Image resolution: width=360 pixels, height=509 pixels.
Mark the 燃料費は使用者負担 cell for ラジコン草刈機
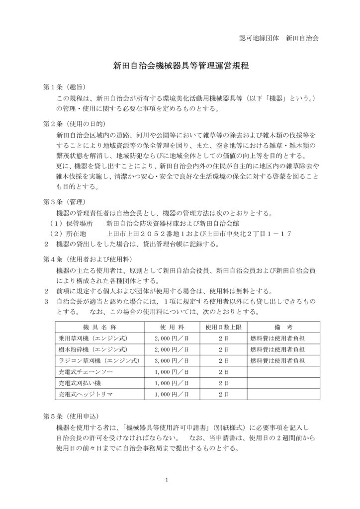pyautogui.click(x=276, y=360)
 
